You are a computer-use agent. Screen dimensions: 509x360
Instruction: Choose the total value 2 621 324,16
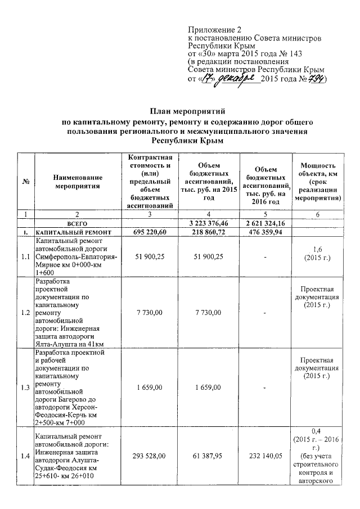[266, 223]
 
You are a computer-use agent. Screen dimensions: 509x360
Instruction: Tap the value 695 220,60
[150, 232]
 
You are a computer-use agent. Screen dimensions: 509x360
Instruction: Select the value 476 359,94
[266, 232]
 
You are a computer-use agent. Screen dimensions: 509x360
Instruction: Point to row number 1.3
[26, 388]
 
